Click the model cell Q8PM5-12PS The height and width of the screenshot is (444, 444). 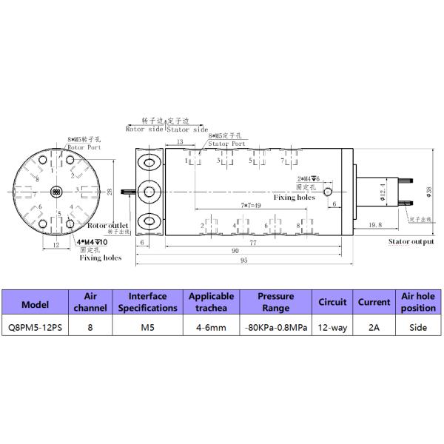tap(36, 326)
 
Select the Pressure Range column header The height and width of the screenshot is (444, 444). tap(275, 302)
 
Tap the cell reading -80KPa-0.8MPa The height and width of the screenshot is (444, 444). tap(275, 326)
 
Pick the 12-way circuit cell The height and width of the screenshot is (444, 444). tap(332, 326)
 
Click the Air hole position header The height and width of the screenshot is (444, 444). tap(418, 302)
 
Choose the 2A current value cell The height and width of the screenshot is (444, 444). tap(374, 326)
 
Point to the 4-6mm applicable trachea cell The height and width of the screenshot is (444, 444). tap(212, 326)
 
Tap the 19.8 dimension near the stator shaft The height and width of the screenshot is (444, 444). tap(374, 224)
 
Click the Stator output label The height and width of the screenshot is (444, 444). tap(411, 242)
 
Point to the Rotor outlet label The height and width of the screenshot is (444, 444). tap(108, 225)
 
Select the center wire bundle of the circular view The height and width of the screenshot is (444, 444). tap(56, 191)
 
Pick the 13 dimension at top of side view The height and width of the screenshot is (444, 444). tap(181, 142)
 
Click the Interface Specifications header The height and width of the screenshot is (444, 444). tap(148, 302)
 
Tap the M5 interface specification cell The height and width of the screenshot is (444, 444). tap(148, 326)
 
